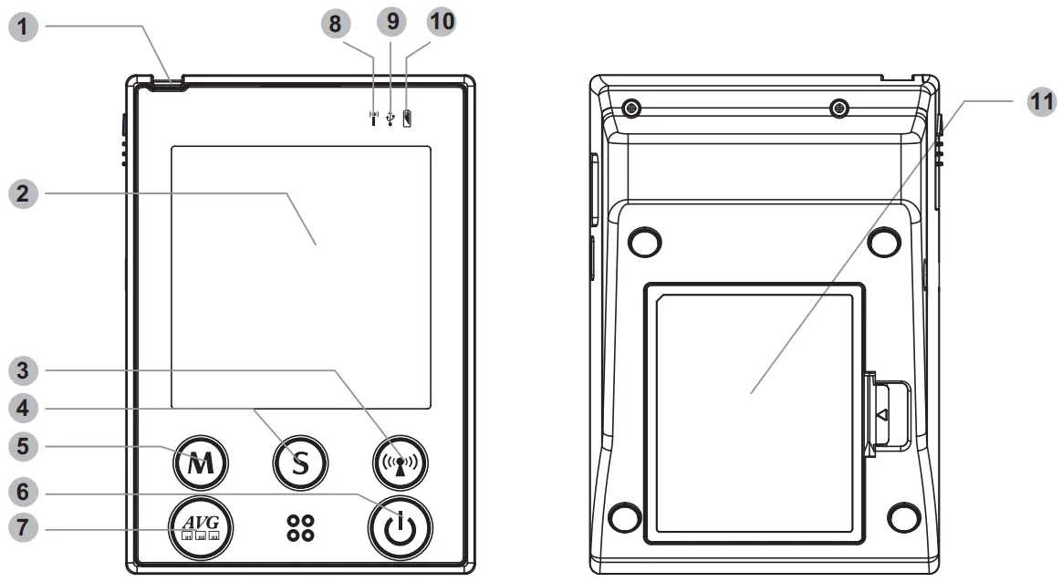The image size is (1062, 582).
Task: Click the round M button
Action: point(201,463)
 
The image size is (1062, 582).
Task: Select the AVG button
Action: point(201,527)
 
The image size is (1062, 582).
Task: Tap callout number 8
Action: point(337,24)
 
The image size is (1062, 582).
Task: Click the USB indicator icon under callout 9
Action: point(390,118)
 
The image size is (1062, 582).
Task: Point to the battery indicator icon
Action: point(407,117)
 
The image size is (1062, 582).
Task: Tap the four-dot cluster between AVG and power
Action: point(300,527)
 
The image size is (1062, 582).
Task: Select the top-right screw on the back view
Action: point(839,109)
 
